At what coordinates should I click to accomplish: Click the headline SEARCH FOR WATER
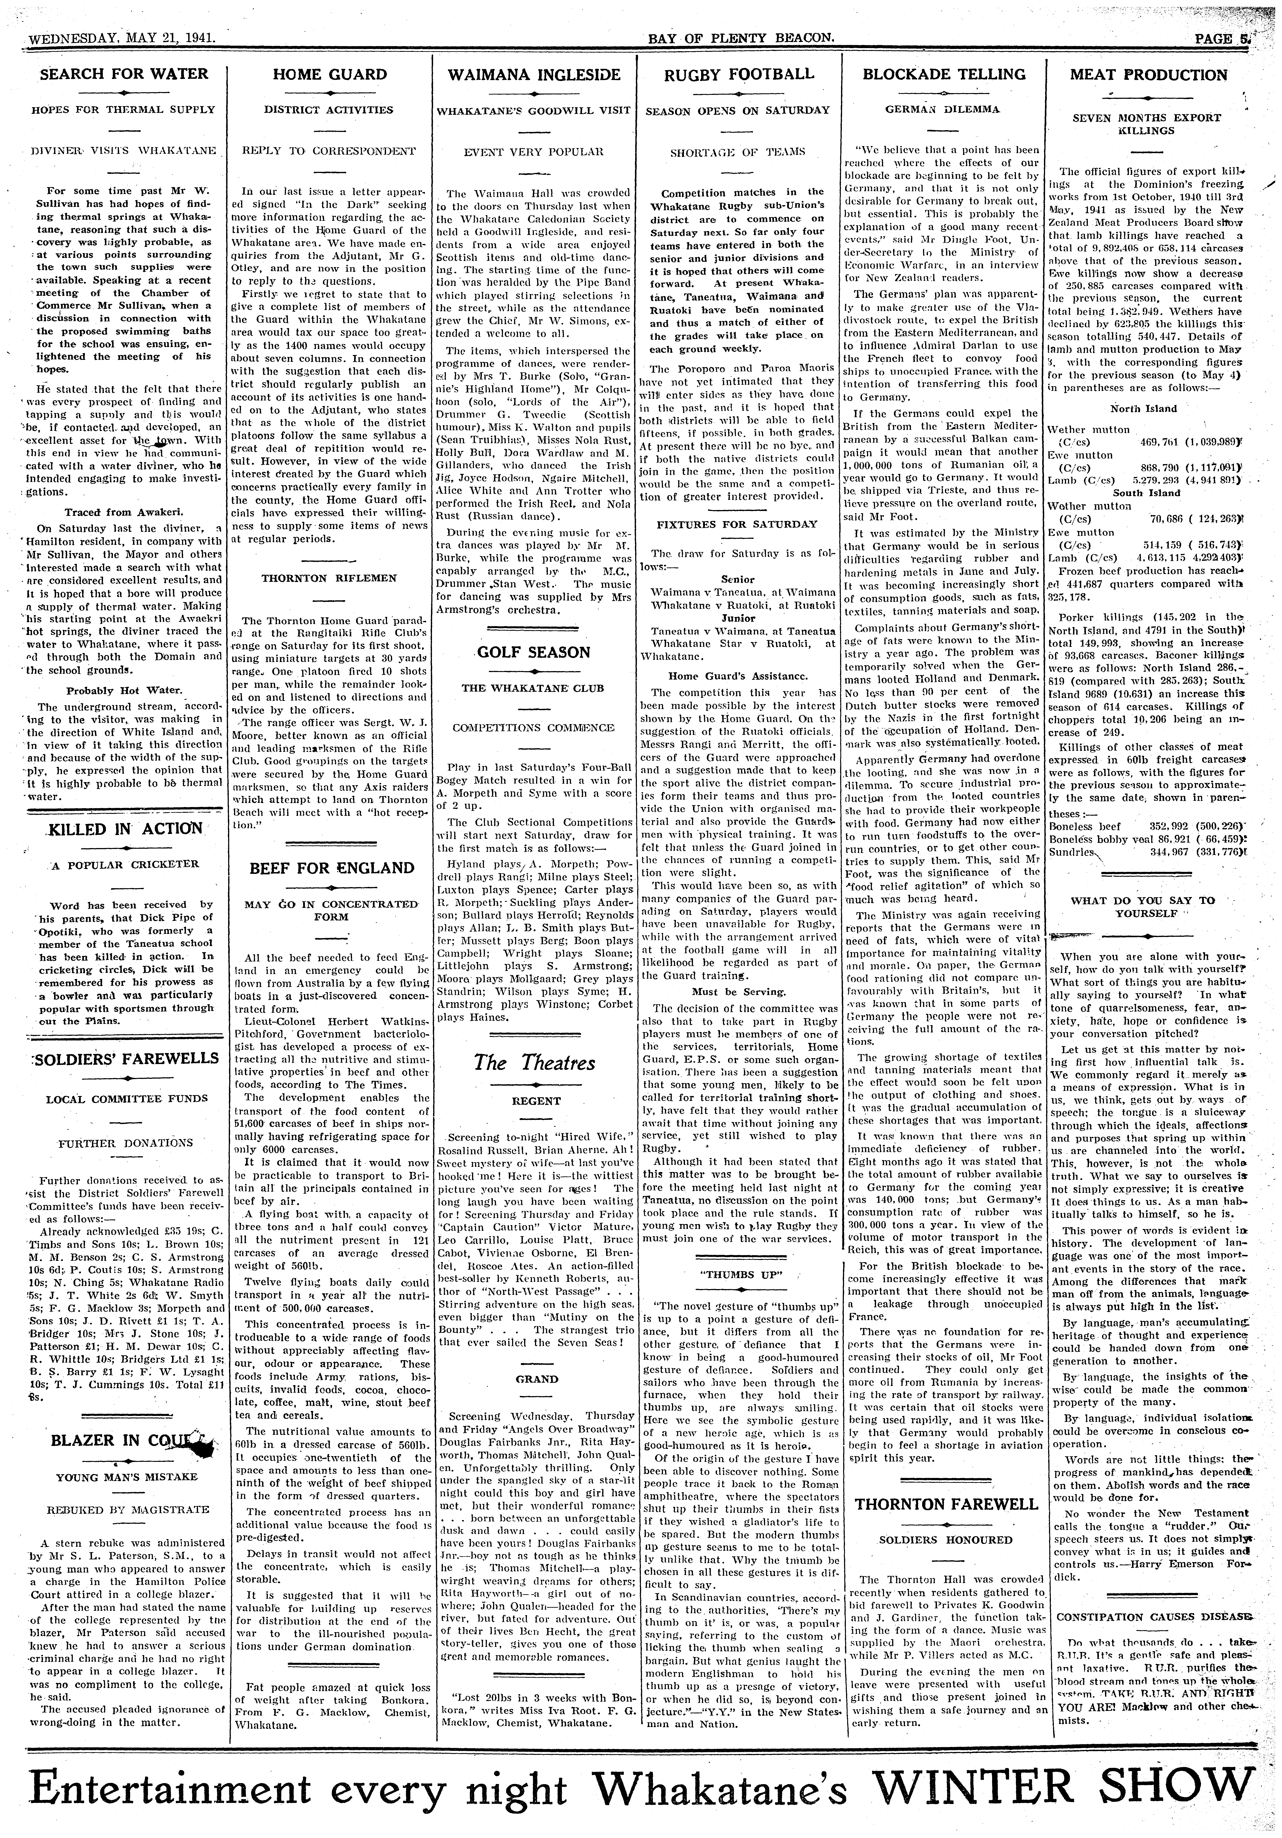point(124,74)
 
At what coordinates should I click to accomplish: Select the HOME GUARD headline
point(330,75)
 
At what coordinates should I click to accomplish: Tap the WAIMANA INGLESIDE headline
point(534,75)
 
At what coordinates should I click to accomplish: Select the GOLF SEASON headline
point(533,652)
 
